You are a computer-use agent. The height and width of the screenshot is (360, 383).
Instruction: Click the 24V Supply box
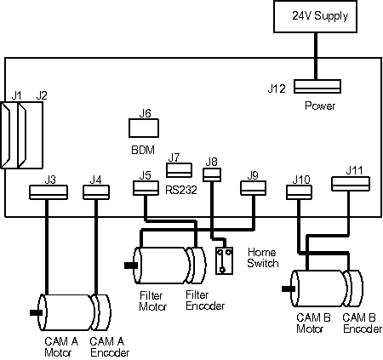click(x=315, y=16)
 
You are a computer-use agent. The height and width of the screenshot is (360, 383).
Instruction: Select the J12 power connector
click(x=317, y=86)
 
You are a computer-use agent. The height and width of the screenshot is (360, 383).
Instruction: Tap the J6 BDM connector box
click(x=144, y=129)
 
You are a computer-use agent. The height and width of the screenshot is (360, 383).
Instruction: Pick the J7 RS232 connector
click(x=179, y=170)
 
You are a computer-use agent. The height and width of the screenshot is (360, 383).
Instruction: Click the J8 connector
click(x=212, y=174)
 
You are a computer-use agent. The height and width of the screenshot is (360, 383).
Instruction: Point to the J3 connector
click(x=49, y=192)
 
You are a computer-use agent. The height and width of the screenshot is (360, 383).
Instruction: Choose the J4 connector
click(x=96, y=192)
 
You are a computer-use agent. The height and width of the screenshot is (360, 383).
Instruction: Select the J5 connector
click(x=146, y=188)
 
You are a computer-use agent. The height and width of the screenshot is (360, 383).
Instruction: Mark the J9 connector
click(x=254, y=188)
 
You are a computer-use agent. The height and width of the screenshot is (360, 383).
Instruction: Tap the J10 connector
click(x=299, y=192)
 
